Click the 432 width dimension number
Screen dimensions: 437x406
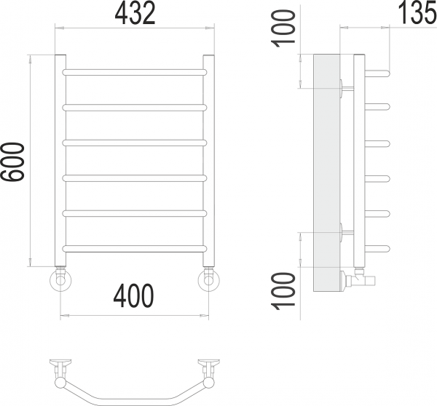coord(135,14)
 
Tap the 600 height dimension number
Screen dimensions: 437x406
coord(13,162)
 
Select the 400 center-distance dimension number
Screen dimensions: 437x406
coord(133,295)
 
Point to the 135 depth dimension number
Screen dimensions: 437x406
coord(417,12)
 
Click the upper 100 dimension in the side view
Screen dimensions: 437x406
coord(283,28)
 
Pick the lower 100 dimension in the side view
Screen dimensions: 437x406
coord(283,291)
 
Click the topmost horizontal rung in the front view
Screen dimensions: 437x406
coord(135,73)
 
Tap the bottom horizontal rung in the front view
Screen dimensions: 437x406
coord(135,249)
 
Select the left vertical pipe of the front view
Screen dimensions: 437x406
coord(60,161)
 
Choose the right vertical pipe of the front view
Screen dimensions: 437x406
coord(209,161)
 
